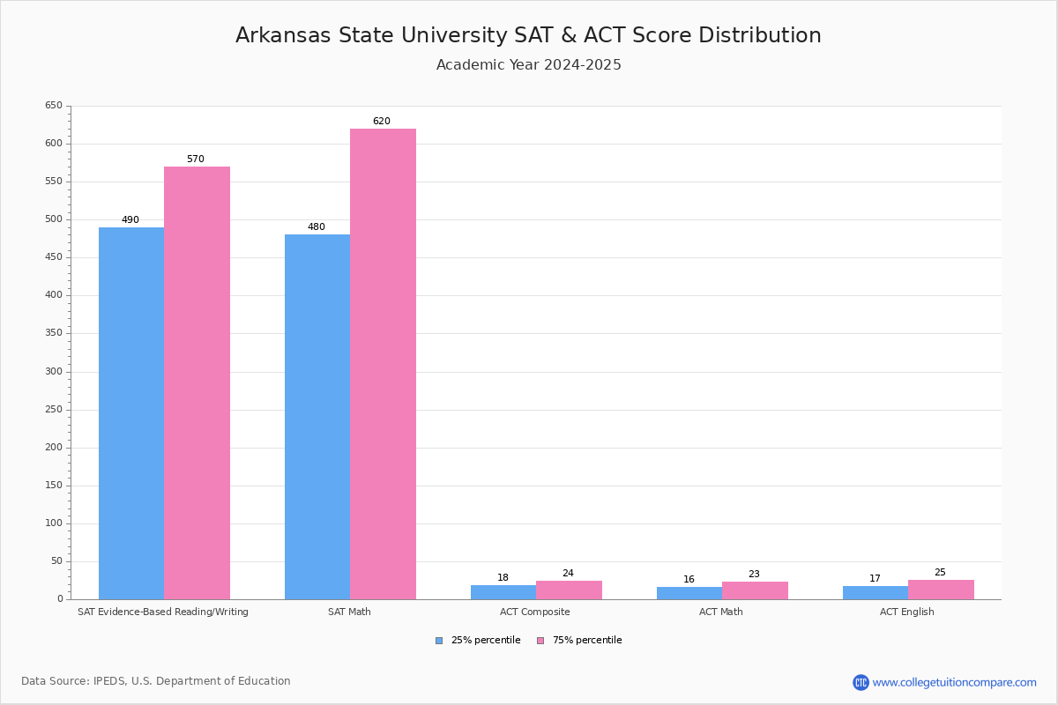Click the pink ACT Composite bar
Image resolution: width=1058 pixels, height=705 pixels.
(x=569, y=590)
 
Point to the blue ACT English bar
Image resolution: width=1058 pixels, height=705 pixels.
(x=875, y=593)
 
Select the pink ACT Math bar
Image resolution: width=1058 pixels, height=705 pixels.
(x=755, y=590)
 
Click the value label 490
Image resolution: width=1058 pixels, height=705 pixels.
(x=130, y=220)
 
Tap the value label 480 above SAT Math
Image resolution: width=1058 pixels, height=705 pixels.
(x=317, y=227)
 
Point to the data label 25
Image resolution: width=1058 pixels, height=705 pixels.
(x=940, y=573)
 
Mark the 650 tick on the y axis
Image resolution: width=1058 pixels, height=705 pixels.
(x=54, y=106)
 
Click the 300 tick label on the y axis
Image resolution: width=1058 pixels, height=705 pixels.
(x=54, y=371)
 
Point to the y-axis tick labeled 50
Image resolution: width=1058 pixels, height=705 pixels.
(x=56, y=560)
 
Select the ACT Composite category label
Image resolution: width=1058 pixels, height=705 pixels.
(x=535, y=612)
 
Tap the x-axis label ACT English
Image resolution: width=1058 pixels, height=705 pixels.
(x=907, y=612)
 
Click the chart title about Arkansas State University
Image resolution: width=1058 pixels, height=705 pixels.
(x=528, y=35)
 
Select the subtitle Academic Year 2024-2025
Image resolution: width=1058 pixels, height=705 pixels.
(x=528, y=65)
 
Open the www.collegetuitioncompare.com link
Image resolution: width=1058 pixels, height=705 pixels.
(x=954, y=682)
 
